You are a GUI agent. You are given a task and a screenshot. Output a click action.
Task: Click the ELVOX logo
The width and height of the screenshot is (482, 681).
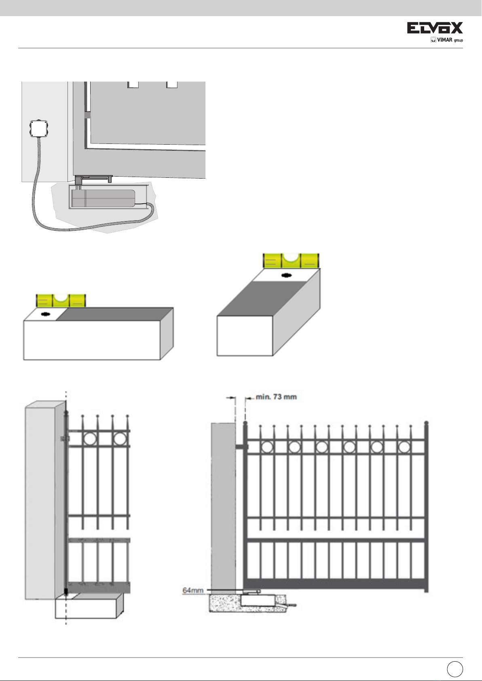click(435, 28)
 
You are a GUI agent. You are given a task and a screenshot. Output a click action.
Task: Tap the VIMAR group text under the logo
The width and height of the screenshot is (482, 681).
click(447, 40)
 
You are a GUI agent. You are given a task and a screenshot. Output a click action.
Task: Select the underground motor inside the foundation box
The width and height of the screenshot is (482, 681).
click(103, 198)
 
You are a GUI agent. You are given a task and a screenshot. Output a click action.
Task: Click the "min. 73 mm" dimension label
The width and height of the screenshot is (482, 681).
click(277, 397)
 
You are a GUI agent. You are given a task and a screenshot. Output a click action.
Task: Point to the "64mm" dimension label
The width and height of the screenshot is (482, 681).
click(193, 590)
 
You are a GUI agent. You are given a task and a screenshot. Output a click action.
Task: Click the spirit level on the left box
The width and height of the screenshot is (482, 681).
click(61, 300)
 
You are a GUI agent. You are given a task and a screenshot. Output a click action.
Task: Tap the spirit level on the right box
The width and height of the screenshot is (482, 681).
click(291, 261)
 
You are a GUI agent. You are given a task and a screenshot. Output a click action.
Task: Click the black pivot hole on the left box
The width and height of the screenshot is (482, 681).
click(45, 314)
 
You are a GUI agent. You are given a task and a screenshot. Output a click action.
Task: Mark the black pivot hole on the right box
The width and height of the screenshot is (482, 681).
click(286, 276)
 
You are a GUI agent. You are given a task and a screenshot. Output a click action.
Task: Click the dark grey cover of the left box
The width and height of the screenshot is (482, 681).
click(115, 314)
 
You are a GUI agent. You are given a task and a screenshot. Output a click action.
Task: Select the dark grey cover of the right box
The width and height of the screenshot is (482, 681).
click(262, 298)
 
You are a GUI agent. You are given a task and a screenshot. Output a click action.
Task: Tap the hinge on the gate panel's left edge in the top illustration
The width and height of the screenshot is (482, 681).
click(87, 115)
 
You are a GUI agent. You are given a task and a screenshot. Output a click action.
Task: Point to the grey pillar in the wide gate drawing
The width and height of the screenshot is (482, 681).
click(224, 506)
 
